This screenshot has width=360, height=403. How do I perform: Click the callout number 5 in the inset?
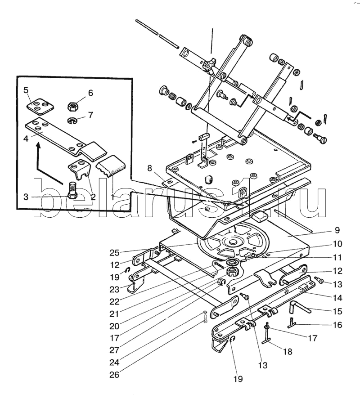pos(27,90)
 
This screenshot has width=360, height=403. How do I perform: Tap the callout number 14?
pos(337,297)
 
